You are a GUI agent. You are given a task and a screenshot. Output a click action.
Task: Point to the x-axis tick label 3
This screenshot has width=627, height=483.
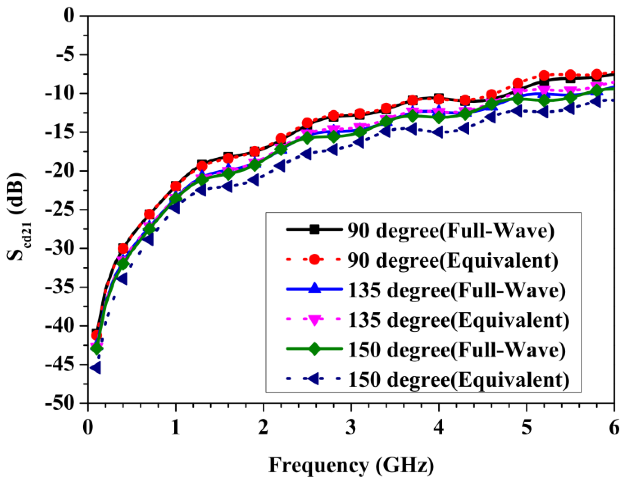(x=351, y=427)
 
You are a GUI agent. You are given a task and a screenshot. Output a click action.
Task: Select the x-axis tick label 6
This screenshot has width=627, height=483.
(x=614, y=427)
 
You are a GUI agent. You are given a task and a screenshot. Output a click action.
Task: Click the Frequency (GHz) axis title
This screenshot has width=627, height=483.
(x=351, y=465)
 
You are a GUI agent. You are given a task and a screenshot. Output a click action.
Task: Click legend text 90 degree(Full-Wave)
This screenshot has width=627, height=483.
(x=451, y=231)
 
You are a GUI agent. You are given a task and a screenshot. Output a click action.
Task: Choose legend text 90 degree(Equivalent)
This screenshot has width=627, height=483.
(x=452, y=260)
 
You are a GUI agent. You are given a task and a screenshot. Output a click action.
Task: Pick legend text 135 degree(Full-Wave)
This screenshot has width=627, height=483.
(x=456, y=290)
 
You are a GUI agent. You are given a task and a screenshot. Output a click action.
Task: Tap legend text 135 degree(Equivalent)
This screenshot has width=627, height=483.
(x=458, y=320)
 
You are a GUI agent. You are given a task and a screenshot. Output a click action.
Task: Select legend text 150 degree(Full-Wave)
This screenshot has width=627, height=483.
(x=456, y=350)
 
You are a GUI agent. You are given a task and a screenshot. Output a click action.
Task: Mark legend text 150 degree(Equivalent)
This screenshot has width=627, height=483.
(x=458, y=379)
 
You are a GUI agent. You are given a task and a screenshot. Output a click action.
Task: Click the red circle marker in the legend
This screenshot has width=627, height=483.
(x=314, y=259)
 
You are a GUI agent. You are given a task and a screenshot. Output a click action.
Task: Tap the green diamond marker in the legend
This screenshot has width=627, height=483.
(x=314, y=349)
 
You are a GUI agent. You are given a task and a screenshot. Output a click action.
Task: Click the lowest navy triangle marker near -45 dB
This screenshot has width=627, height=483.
(x=96, y=368)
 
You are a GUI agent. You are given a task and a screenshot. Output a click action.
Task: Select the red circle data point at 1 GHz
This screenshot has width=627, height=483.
(x=176, y=186)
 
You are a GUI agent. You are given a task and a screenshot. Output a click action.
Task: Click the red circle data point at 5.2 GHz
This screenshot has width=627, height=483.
(x=544, y=75)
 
